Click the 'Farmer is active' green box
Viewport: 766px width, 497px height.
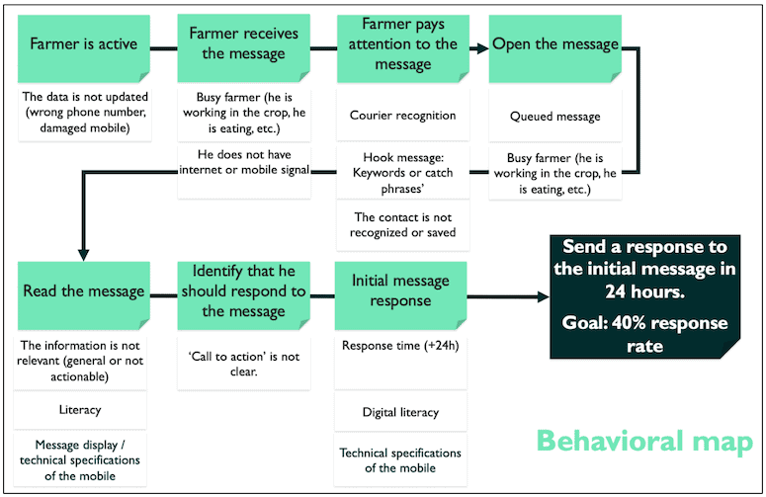(84, 48)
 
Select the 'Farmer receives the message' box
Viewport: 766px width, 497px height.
(243, 48)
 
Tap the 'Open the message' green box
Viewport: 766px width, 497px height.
(554, 48)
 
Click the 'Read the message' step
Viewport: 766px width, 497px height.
(84, 295)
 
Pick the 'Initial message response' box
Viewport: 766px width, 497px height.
(400, 295)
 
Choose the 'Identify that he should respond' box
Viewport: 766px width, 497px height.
(243, 295)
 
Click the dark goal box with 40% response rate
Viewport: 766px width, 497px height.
(644, 296)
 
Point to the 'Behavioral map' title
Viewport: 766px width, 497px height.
(644, 441)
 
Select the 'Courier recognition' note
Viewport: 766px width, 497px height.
(403, 116)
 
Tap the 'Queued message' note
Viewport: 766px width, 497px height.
(554, 117)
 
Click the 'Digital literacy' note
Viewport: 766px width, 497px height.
(400, 412)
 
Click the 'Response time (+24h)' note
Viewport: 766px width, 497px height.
(400, 362)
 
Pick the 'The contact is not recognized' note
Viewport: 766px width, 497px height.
(403, 224)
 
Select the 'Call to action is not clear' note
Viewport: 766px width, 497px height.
(243, 364)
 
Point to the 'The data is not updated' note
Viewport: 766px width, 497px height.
(85, 113)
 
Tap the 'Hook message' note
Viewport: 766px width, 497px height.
(403, 173)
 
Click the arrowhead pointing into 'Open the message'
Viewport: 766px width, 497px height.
(482, 48)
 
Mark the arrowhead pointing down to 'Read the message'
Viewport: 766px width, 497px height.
(84, 255)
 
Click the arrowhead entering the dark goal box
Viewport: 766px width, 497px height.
(544, 296)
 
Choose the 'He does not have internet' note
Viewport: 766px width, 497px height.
(243, 172)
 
